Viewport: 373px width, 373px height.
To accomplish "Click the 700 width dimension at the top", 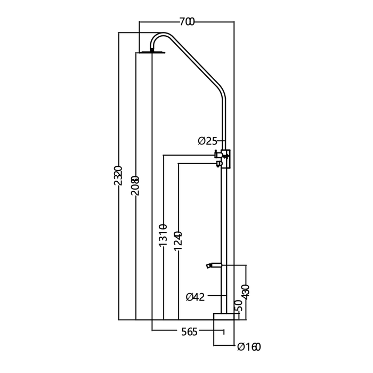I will click(x=186, y=21).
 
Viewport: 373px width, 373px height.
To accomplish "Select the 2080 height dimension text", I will click(x=135, y=186).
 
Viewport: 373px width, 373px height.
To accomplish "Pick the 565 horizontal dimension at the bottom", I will click(x=189, y=332).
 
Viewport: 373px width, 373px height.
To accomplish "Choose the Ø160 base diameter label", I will click(x=249, y=348).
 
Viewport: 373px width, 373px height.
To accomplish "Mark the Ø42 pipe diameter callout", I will click(x=196, y=297).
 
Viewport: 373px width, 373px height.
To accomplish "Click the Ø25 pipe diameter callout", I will click(x=207, y=141).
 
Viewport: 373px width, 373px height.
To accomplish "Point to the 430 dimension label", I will click(x=245, y=292).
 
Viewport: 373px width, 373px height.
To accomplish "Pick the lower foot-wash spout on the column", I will click(x=213, y=264).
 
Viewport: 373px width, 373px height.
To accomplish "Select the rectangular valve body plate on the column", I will click(x=228, y=159).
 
